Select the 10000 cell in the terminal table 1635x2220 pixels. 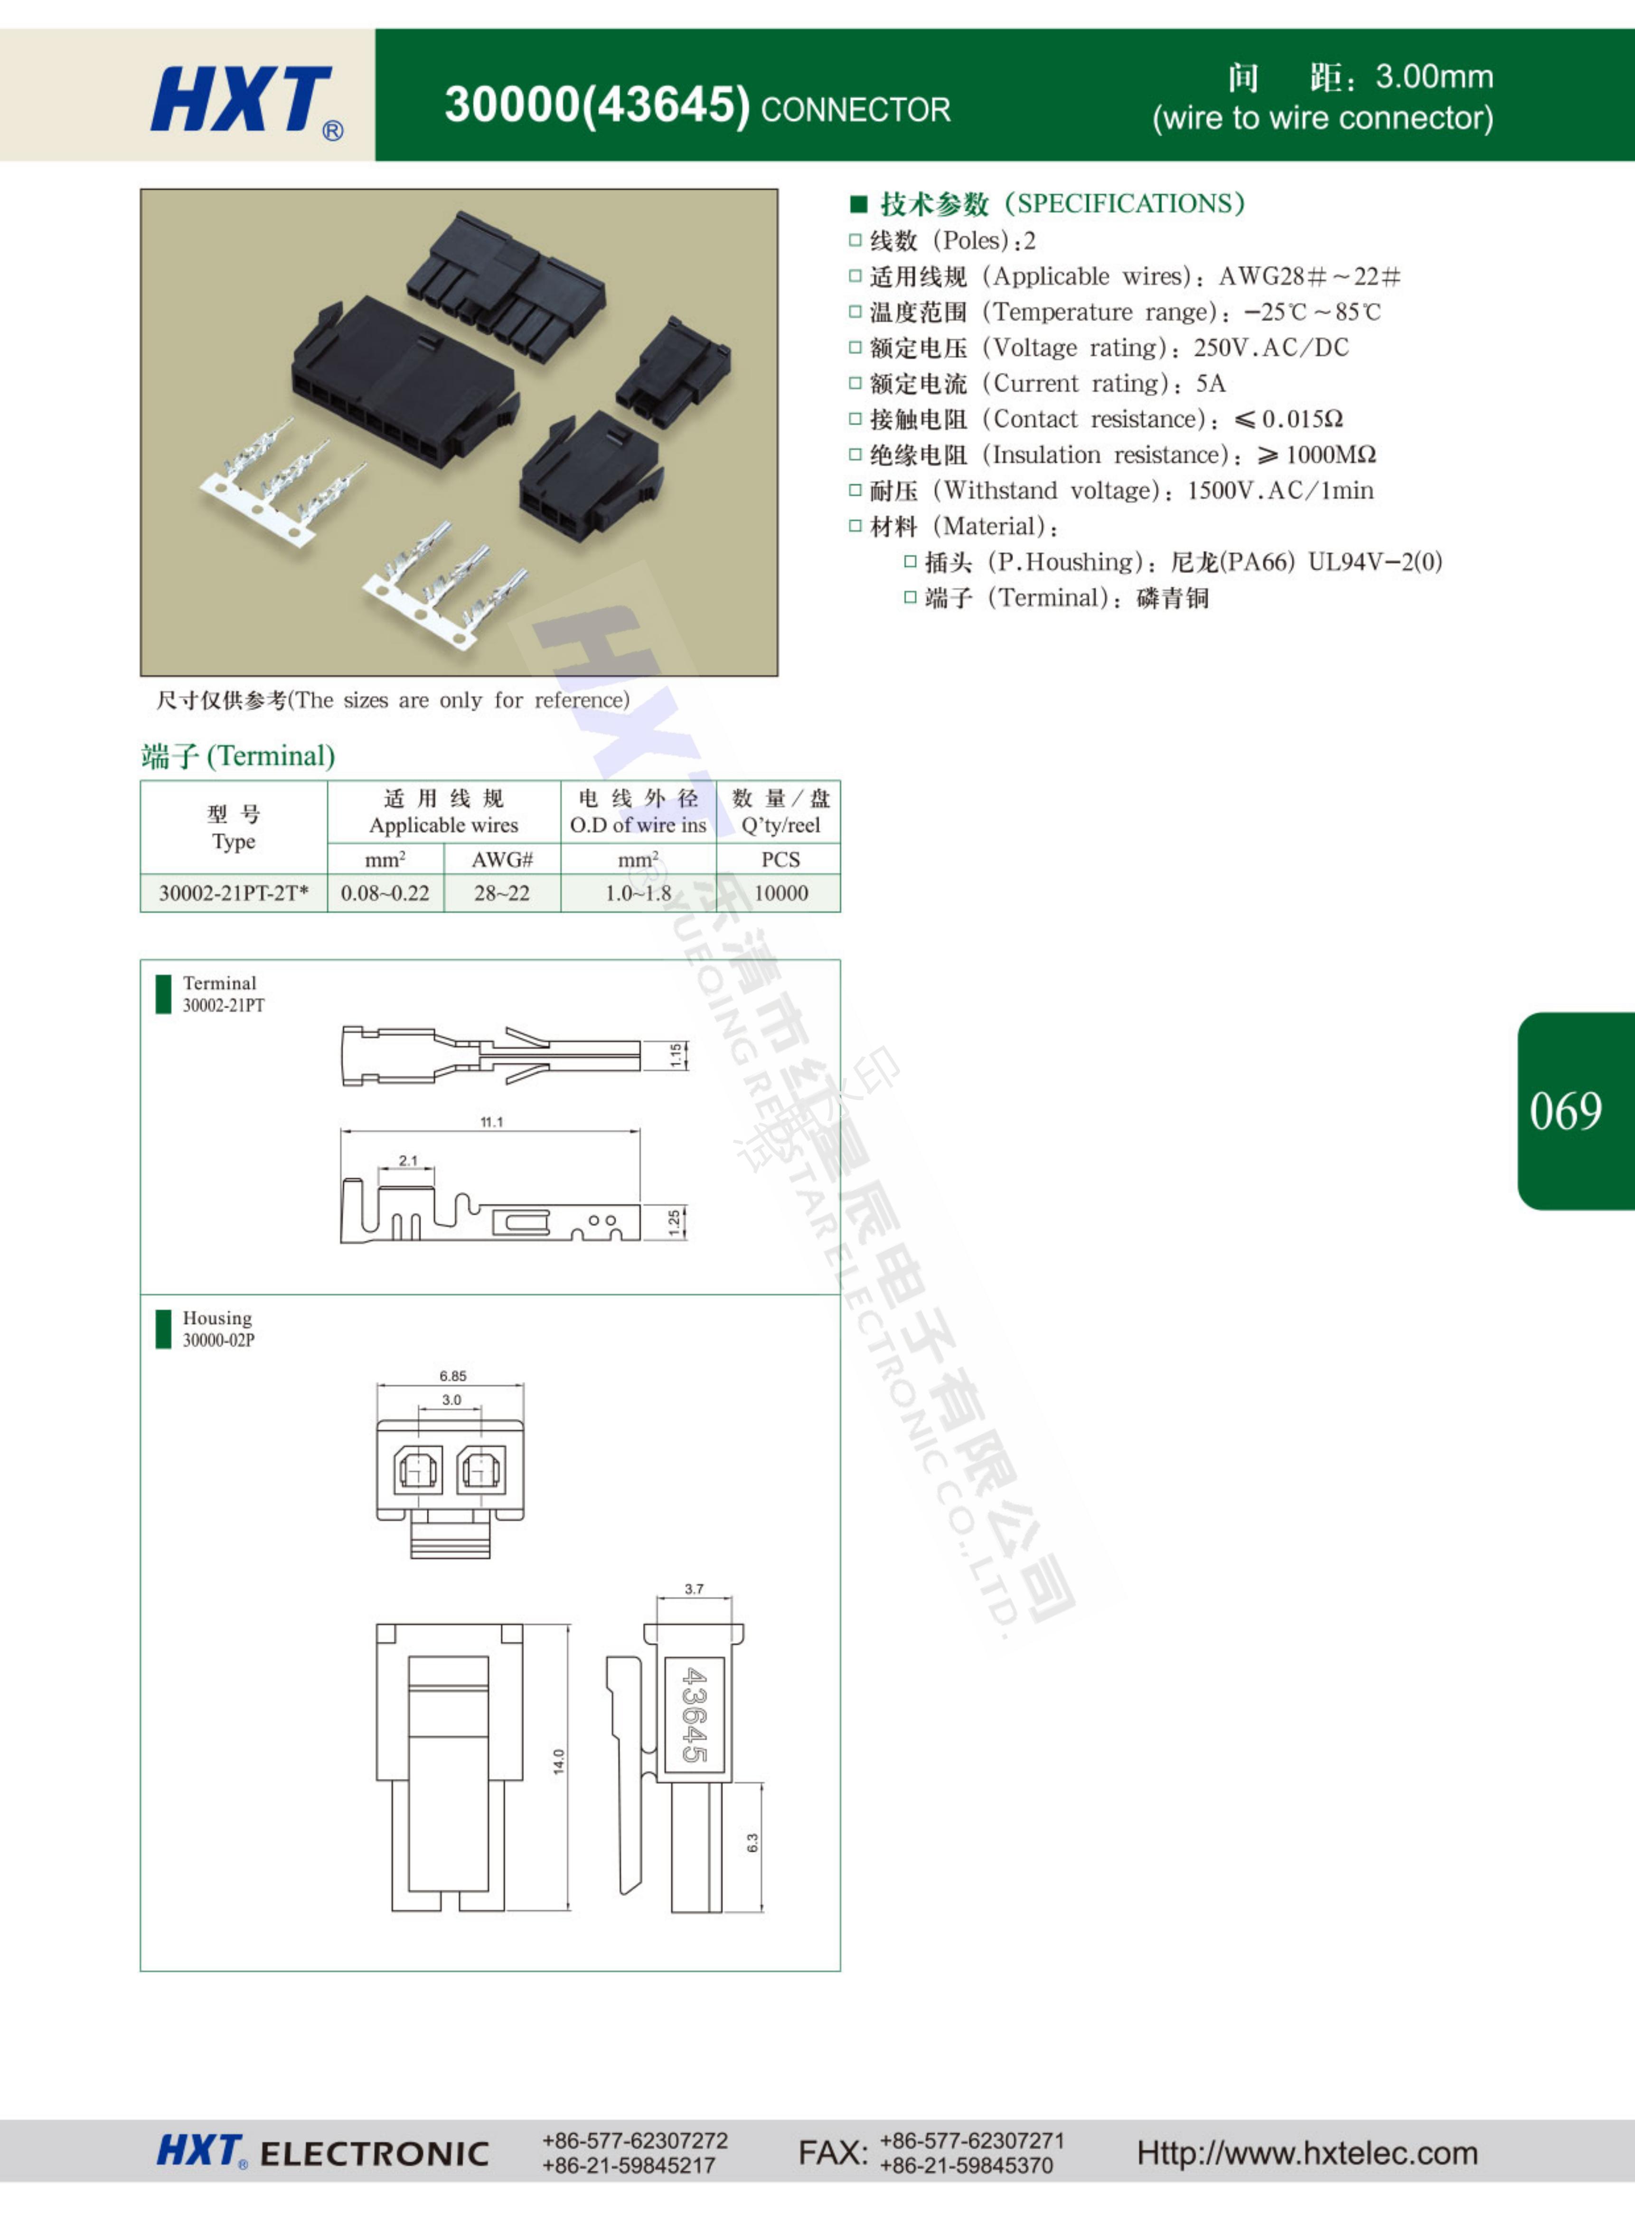click(x=781, y=893)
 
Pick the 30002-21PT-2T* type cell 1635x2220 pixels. click(x=234, y=893)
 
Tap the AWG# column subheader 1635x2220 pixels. click(x=502, y=859)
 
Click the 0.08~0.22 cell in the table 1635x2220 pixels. click(x=385, y=893)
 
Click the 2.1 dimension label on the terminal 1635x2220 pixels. click(x=408, y=1160)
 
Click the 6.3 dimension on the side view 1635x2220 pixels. click(x=752, y=1843)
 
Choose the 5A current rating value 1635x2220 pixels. click(x=1211, y=383)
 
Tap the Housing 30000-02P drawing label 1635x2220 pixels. click(x=218, y=1328)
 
